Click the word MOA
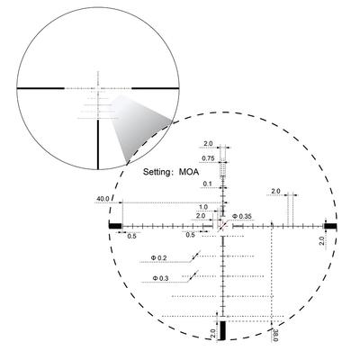(x=189, y=172)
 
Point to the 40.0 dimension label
(x=103, y=199)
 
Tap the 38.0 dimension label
(x=275, y=334)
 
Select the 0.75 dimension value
(x=208, y=158)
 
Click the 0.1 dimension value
(x=207, y=184)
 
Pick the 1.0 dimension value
(x=203, y=207)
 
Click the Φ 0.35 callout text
(x=242, y=216)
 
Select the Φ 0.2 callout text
(x=158, y=257)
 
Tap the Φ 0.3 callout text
(x=160, y=278)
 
